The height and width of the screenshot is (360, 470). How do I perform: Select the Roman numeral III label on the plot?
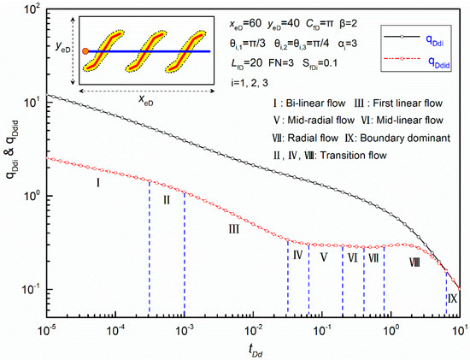pos(234,229)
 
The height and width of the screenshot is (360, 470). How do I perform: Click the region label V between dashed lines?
pos(324,256)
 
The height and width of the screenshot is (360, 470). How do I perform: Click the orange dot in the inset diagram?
pos(85,51)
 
